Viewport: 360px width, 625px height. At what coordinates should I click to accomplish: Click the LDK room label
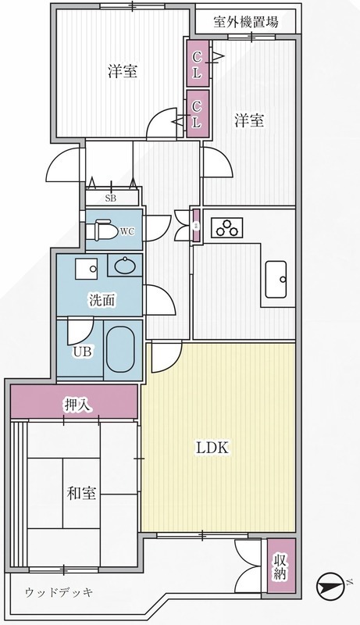212,448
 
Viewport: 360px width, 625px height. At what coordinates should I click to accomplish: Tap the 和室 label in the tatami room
81,494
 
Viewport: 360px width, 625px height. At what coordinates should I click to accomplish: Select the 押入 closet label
78,405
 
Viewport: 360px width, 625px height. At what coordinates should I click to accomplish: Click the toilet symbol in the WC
104,230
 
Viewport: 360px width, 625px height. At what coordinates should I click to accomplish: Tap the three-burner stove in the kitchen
226,227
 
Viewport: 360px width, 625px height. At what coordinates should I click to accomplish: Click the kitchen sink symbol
276,279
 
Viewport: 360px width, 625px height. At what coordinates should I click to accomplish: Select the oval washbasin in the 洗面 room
125,265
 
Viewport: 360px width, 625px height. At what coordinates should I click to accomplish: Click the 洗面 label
102,301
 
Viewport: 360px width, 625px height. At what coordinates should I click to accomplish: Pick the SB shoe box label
111,198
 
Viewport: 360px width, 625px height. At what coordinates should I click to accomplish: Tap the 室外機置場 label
246,22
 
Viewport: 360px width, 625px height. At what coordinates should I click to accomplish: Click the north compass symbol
330,587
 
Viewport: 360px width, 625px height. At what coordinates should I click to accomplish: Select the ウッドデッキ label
59,592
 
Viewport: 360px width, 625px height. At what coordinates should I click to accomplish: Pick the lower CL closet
197,114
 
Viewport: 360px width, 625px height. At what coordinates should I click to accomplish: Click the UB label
82,352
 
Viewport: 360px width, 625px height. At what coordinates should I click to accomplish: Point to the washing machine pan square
86,269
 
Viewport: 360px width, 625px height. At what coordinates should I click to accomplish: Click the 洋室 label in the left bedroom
123,71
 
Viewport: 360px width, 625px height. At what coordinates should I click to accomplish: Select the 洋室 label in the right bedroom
249,120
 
